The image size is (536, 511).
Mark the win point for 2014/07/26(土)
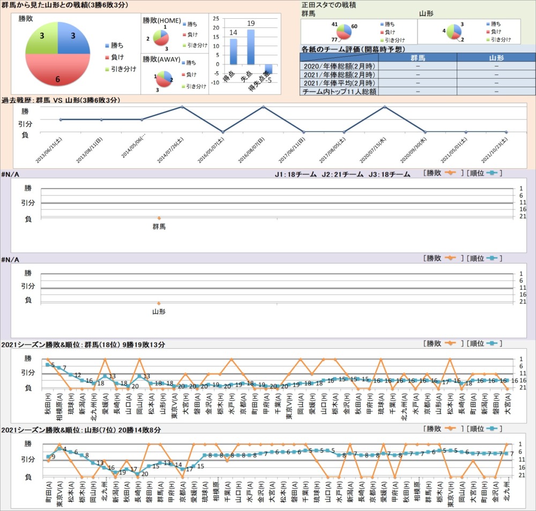pos(182,107)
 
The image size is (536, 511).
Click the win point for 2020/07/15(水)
pos(385,107)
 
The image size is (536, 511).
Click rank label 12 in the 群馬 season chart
pos(78,375)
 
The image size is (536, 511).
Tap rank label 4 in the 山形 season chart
pos(64,449)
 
